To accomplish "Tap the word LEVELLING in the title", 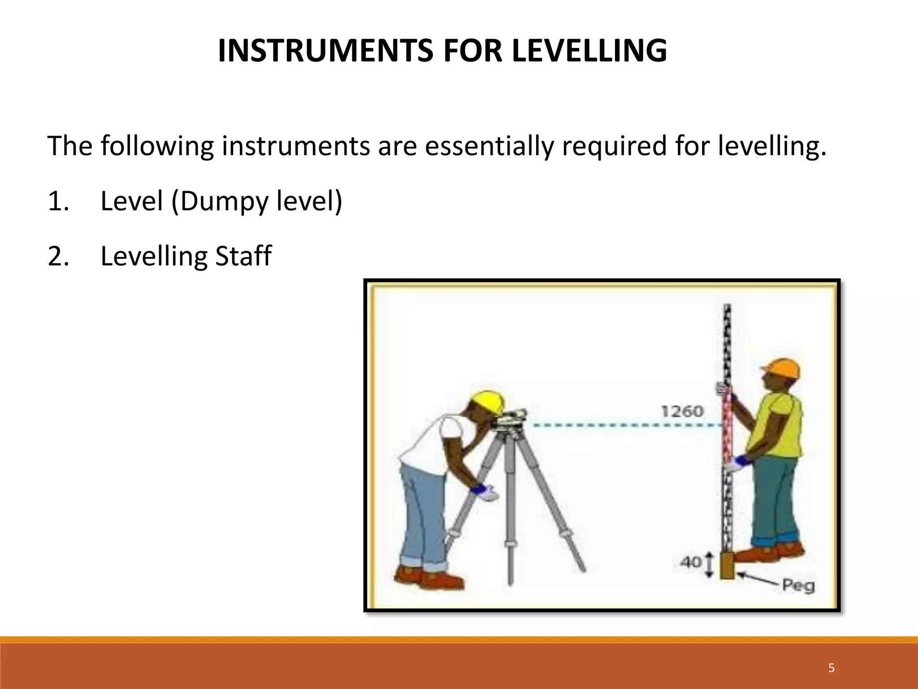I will coord(589,51).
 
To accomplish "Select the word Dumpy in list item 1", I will coord(221,201).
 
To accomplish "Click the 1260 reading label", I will coord(683,411).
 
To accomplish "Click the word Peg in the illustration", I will coord(798,585).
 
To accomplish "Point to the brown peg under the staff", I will coord(727,567).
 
